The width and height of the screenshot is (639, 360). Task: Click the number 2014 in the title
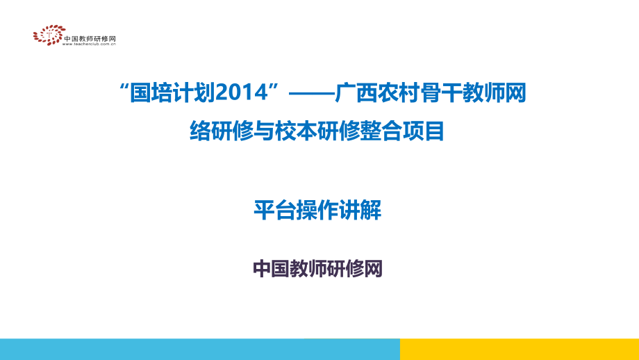[x=247, y=92]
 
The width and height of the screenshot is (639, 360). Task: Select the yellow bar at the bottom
[x=519, y=349]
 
